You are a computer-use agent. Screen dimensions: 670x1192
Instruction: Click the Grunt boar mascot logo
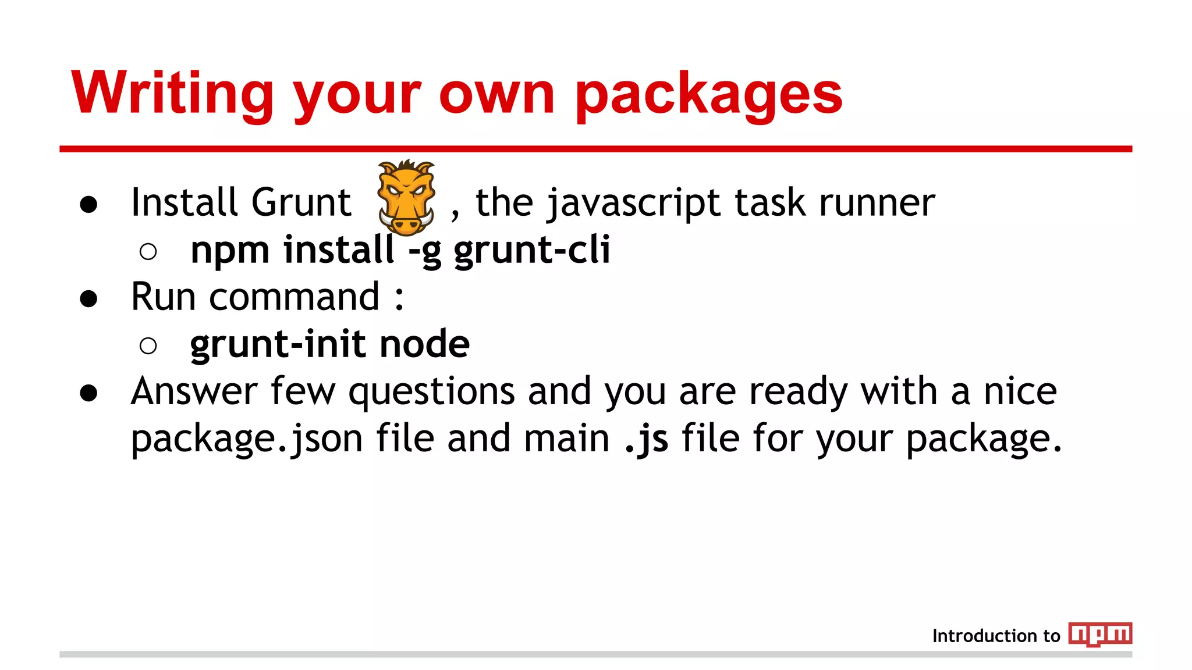(406, 197)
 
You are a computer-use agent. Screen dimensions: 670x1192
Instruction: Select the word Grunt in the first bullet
(301, 202)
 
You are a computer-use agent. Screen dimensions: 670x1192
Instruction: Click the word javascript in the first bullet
(633, 204)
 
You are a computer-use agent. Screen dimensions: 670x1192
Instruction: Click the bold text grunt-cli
(531, 250)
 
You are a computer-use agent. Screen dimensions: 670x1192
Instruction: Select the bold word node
(424, 344)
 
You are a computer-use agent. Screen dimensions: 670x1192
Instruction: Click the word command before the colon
(294, 297)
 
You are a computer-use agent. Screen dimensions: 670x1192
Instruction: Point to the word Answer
(194, 391)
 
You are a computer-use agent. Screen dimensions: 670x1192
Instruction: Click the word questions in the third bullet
(431, 392)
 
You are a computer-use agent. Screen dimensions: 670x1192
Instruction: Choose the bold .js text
(646, 439)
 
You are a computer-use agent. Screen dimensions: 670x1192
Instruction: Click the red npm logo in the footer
(1100, 634)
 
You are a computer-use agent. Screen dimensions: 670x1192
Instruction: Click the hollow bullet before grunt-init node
(148, 345)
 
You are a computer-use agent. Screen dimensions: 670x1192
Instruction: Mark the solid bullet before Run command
(88, 298)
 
